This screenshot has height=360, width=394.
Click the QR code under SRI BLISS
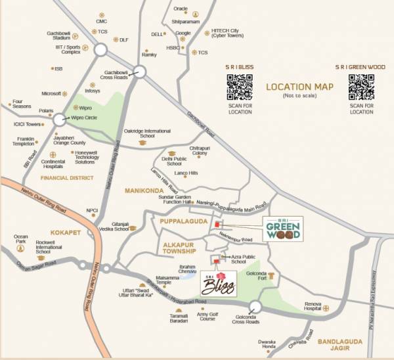[x=240, y=87]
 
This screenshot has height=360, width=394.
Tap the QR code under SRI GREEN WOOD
[x=361, y=87]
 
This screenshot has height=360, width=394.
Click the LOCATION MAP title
[x=299, y=87]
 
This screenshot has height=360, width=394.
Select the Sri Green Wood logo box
[x=283, y=229]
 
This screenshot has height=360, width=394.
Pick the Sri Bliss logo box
[x=219, y=282]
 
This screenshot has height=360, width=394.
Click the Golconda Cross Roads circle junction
[x=255, y=307]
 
